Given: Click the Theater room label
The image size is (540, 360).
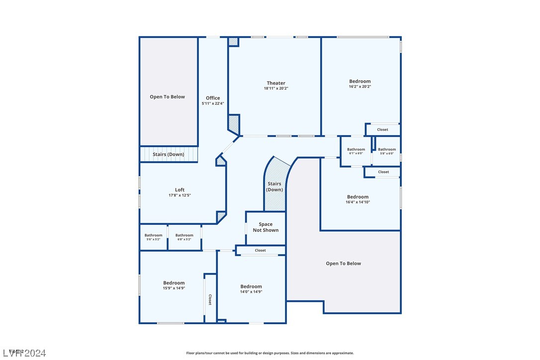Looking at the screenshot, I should pos(276,84).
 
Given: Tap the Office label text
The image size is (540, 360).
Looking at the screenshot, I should pos(213,98).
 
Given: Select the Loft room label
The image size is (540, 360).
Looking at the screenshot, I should pos(180,189).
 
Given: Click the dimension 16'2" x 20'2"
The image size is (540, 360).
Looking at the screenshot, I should pos(360,87).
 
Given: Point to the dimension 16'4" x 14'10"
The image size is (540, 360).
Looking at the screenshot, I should pos(358,202).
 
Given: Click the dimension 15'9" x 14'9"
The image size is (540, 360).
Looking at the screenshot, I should pos(174,288).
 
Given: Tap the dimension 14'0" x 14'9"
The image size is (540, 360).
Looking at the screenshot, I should pos(251,291).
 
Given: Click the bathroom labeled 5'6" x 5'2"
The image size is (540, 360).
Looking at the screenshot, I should pos(153,237).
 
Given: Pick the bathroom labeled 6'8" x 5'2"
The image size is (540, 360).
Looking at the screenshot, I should pos(184,237).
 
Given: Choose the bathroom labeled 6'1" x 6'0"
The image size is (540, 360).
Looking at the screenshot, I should pos(356,151).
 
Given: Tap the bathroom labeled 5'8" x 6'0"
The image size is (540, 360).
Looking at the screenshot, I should pos(386,151).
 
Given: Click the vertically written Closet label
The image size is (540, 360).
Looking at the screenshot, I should pos(210,299).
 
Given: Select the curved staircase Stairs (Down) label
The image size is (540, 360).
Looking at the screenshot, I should pos(274,186).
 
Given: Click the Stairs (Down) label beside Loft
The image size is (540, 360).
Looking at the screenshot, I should pos(168,155).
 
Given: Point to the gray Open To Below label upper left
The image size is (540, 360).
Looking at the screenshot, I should pos(167,97).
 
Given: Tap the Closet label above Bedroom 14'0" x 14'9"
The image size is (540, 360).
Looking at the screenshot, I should pos(260,250).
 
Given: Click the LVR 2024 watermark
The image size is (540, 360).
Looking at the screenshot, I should pos(23,353).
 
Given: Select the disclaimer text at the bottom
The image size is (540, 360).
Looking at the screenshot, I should pos(270,353).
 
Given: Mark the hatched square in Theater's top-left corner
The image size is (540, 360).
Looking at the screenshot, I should pos(233,42).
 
